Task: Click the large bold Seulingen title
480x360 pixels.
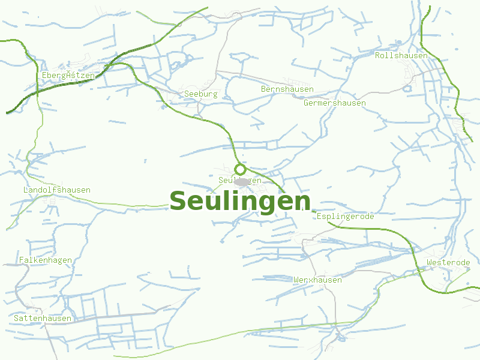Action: (240, 201)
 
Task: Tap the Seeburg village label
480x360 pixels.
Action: (200, 94)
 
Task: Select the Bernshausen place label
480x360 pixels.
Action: (287, 89)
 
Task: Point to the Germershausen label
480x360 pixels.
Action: (335, 103)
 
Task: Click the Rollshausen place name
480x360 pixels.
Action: (401, 56)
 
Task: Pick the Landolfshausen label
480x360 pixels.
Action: (56, 190)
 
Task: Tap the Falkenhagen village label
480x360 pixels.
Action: (46, 260)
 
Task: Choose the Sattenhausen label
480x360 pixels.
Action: (43, 319)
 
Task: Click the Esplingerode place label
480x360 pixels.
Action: (345, 217)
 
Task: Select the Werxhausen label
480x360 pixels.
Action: (317, 280)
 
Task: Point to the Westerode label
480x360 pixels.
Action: (448, 263)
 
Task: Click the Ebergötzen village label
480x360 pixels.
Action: (68, 76)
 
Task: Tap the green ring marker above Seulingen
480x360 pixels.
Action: (240, 169)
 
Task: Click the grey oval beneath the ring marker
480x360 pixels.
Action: (242, 181)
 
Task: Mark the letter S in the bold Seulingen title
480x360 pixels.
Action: (179, 201)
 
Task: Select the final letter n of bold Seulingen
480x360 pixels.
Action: (303, 202)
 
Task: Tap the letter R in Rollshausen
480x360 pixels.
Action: (377, 56)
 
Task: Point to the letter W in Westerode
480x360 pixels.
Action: (429, 263)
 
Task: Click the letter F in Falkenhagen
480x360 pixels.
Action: (22, 260)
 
